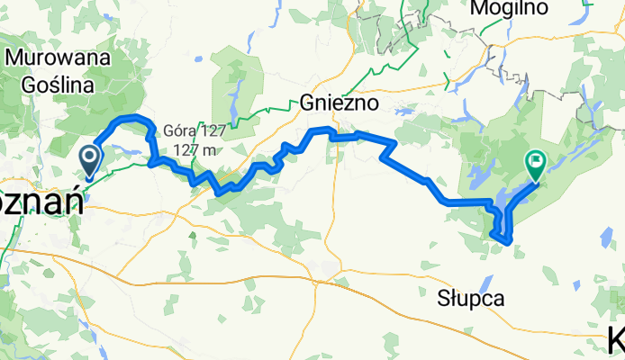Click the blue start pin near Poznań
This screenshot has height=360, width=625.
coord(91,158)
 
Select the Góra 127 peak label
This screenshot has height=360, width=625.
coord(195,130)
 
